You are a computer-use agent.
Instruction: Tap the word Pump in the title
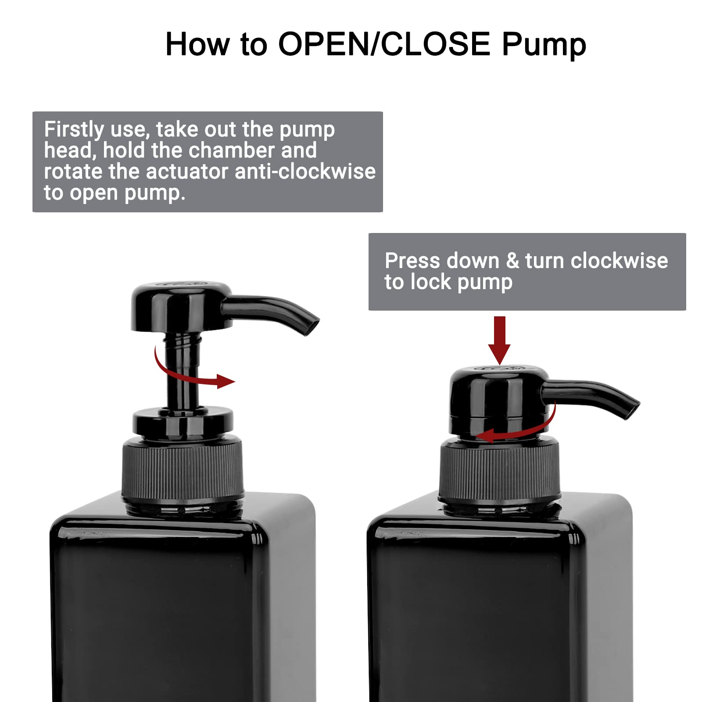point(544,45)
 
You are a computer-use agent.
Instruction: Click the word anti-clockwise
point(305,171)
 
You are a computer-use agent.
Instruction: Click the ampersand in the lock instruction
point(512,261)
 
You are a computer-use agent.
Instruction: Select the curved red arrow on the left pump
point(189,373)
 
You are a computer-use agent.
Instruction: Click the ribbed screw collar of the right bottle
point(499,472)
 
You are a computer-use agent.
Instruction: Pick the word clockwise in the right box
point(619,261)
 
